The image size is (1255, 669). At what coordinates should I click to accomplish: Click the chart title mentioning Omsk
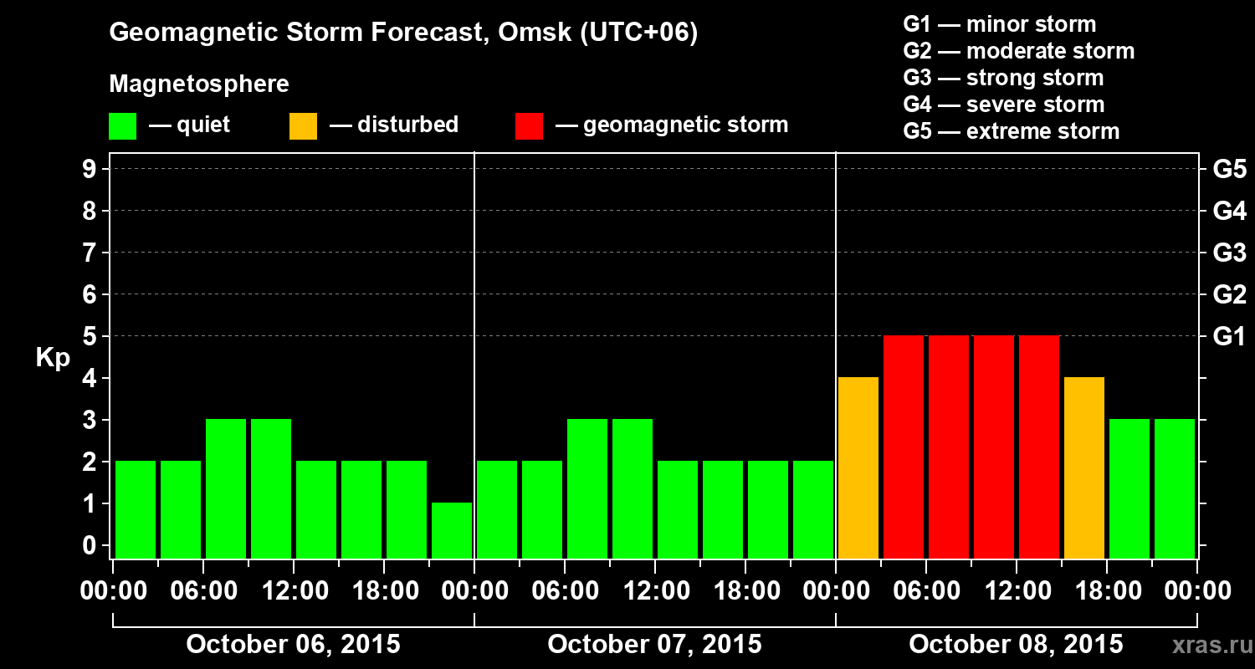coord(403,33)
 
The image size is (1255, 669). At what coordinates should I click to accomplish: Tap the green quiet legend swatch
coord(122,126)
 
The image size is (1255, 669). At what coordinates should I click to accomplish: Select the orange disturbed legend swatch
coord(303,126)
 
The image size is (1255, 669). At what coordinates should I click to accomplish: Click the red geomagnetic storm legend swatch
coord(529,126)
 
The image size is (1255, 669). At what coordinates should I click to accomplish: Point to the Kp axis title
coord(53,358)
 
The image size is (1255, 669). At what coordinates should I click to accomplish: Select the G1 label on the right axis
coord(1229,337)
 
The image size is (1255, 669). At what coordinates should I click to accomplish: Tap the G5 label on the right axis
coord(1229,170)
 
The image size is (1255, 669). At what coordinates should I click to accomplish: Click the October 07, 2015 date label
coord(654,645)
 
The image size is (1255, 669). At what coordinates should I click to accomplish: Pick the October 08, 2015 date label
coord(1016,645)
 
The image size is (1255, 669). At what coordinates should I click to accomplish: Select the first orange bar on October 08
coord(858,467)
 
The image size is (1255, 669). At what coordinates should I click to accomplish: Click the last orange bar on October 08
coord(1084,467)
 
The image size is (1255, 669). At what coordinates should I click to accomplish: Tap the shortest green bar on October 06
coord(452,530)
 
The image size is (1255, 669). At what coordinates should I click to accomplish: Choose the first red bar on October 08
coord(904,447)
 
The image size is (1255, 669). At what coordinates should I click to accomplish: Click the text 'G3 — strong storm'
coord(1003,79)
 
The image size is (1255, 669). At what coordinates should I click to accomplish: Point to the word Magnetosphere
coord(199,84)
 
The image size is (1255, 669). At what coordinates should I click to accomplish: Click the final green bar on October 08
coord(1175,488)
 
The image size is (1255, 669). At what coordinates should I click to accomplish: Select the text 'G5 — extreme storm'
coord(1011,132)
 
